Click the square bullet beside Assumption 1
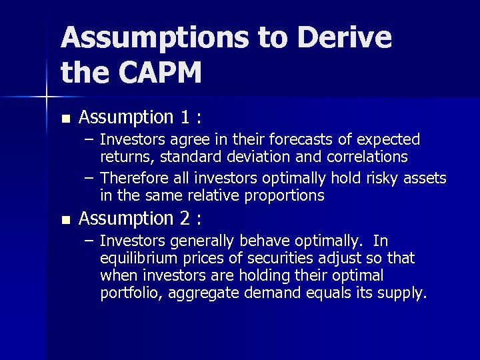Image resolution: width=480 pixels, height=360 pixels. [65, 119]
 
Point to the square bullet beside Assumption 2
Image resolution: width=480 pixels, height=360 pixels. [65, 220]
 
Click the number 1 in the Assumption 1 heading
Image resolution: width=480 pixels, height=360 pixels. [186, 118]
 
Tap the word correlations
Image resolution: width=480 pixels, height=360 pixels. [367, 157]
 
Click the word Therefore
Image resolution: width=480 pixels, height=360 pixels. [133, 178]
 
